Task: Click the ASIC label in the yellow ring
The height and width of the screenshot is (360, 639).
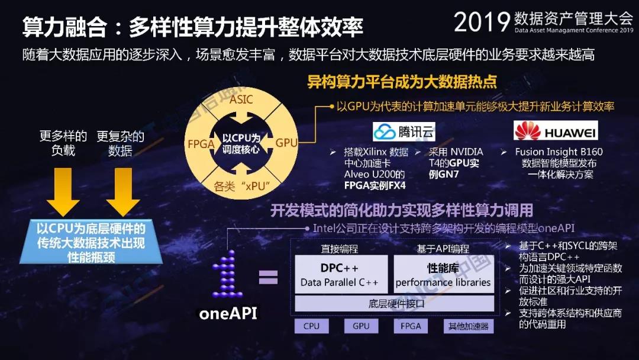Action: click(x=241, y=99)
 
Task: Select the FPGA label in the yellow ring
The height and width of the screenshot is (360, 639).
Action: click(x=201, y=144)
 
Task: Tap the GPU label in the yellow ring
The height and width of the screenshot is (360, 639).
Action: click(x=286, y=143)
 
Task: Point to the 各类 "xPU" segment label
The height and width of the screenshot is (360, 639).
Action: click(x=241, y=187)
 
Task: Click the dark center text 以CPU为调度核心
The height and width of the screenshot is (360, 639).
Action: click(x=241, y=143)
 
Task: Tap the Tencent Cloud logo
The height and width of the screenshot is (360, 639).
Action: click(x=404, y=131)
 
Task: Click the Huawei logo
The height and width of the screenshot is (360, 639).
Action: click(x=556, y=131)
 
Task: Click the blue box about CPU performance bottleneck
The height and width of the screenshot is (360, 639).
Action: click(x=91, y=242)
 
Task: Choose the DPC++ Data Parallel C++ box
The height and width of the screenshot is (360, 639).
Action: click(x=341, y=274)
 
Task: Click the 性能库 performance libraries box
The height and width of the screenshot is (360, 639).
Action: click(x=443, y=274)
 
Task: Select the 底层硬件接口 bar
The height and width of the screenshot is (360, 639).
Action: click(x=395, y=304)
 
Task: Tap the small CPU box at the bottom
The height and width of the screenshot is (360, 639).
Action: click(x=311, y=326)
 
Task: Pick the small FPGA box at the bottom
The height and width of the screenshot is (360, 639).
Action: click(x=411, y=326)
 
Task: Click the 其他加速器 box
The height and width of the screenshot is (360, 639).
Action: click(x=468, y=326)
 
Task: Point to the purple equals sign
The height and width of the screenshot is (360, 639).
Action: click(x=268, y=277)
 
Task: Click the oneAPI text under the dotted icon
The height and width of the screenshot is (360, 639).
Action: click(x=228, y=313)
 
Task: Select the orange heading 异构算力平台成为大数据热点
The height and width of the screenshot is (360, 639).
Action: click(x=402, y=82)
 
